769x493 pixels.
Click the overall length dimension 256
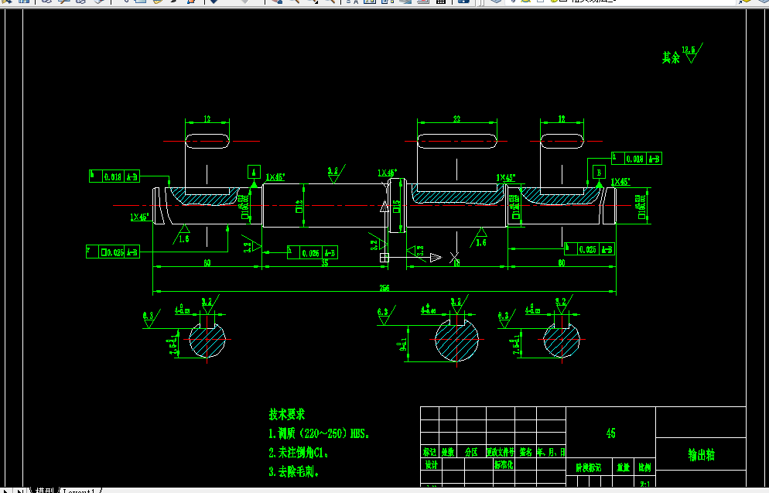point(384,288)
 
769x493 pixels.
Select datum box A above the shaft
point(254,171)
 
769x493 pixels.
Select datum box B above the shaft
point(598,171)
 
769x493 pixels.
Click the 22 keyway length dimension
point(456,119)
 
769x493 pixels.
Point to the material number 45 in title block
point(611,433)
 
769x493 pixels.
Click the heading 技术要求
point(287,415)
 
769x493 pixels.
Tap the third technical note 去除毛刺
point(293,471)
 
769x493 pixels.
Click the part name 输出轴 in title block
point(701,455)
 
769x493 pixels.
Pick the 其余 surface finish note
point(671,57)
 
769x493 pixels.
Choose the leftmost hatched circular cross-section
point(207,340)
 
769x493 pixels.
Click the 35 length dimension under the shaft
point(324,263)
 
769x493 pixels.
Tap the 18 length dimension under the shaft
point(456,263)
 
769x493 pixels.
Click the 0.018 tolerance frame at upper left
point(114,176)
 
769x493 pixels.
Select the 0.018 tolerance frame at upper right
point(637,159)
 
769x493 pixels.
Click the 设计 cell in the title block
point(431,465)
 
